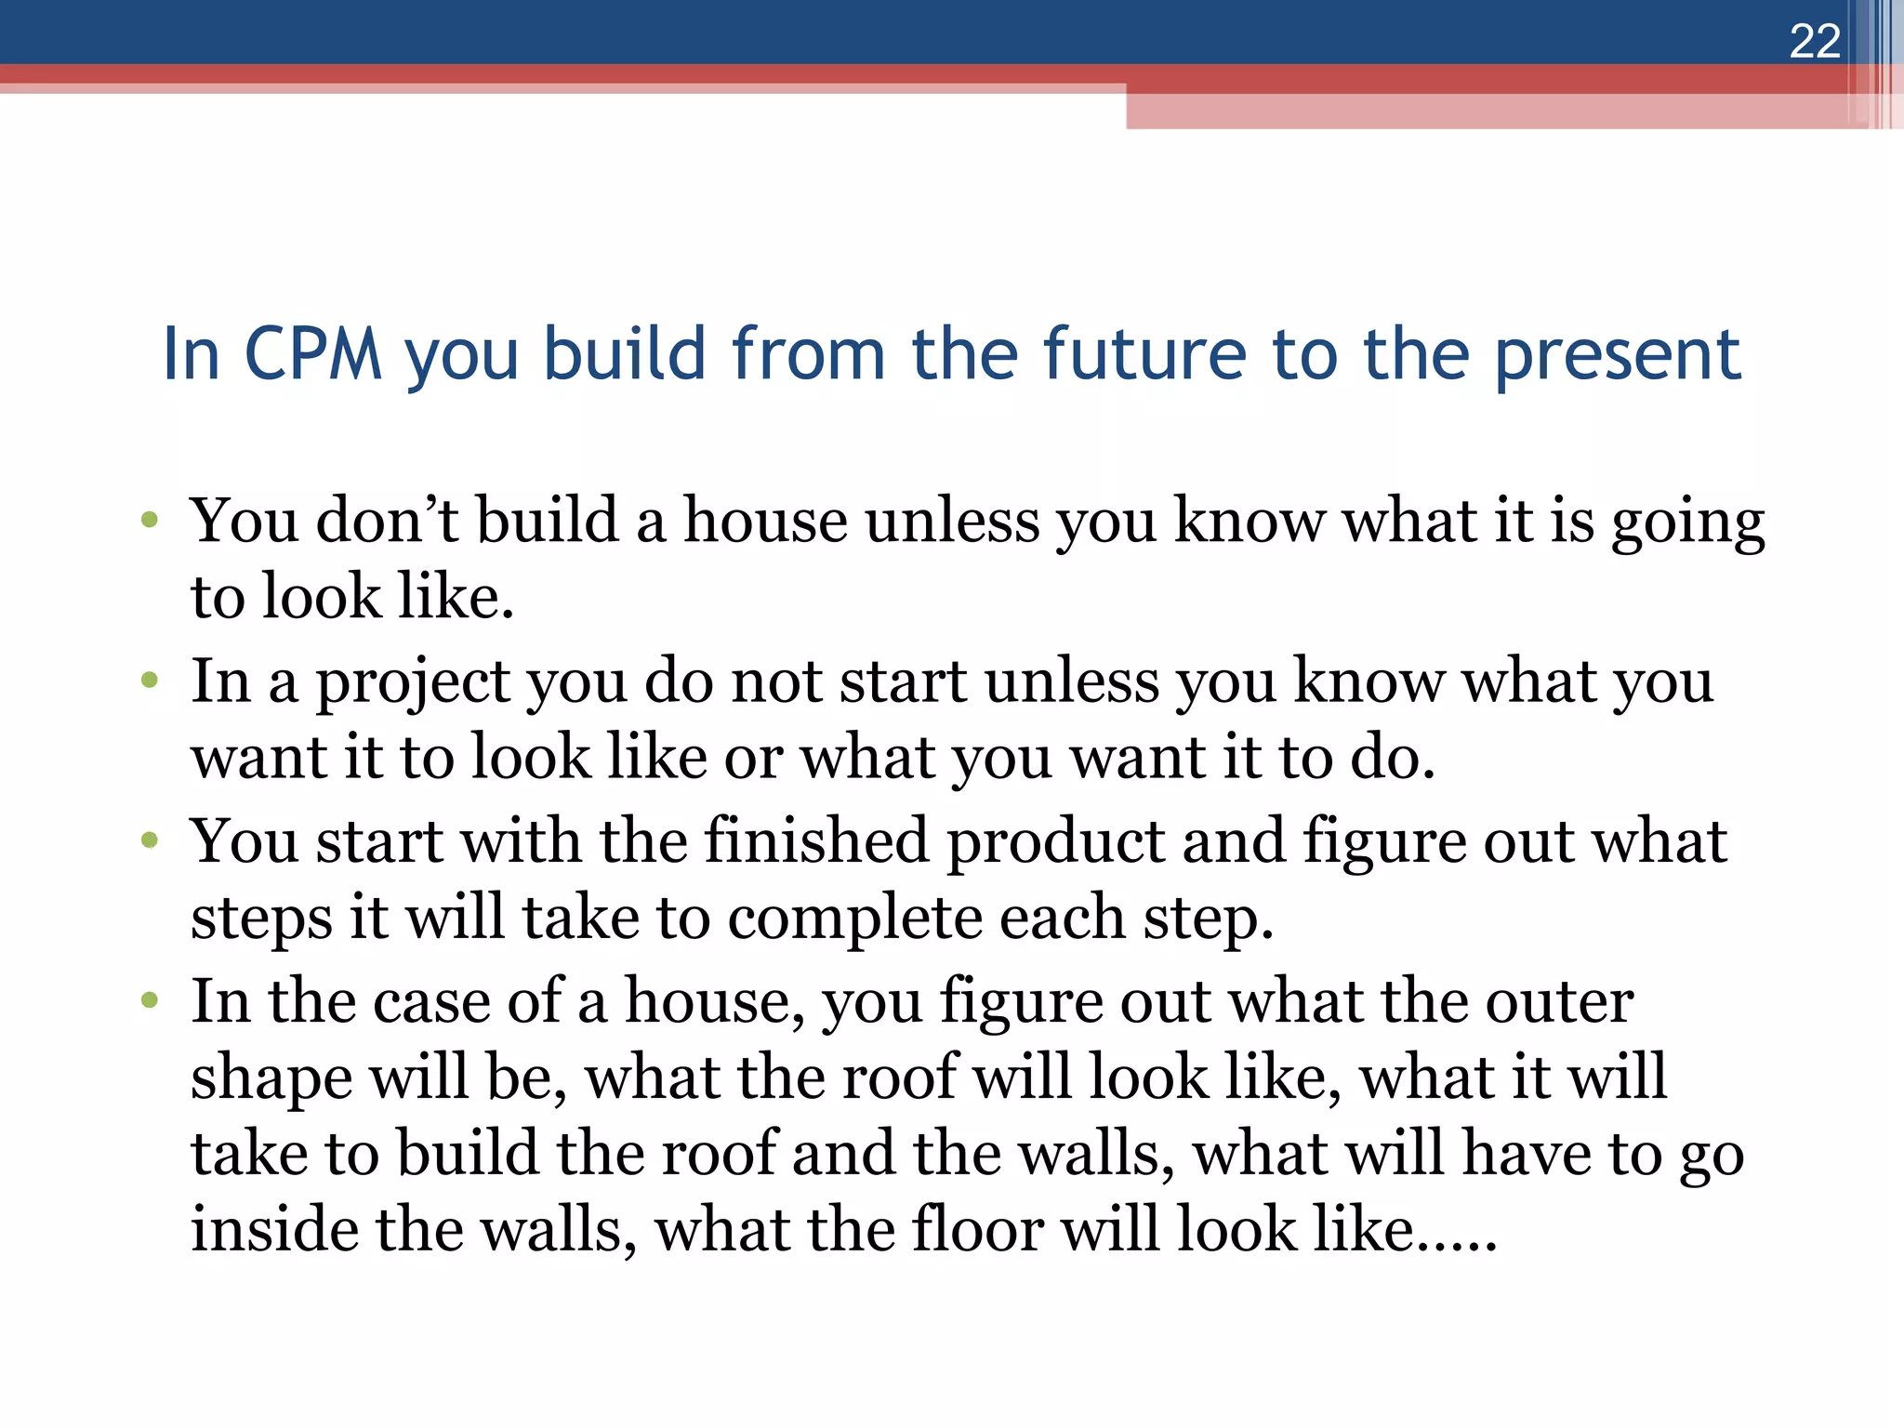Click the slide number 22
tap(1814, 42)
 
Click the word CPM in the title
tap(313, 355)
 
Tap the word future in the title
tap(1144, 355)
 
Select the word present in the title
tap(1617, 357)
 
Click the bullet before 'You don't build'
tap(150, 520)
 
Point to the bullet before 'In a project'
tap(150, 681)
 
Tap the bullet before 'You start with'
tap(150, 841)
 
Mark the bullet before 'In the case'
tap(150, 1001)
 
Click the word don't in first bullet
tap(387, 521)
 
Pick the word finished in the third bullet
tap(815, 841)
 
